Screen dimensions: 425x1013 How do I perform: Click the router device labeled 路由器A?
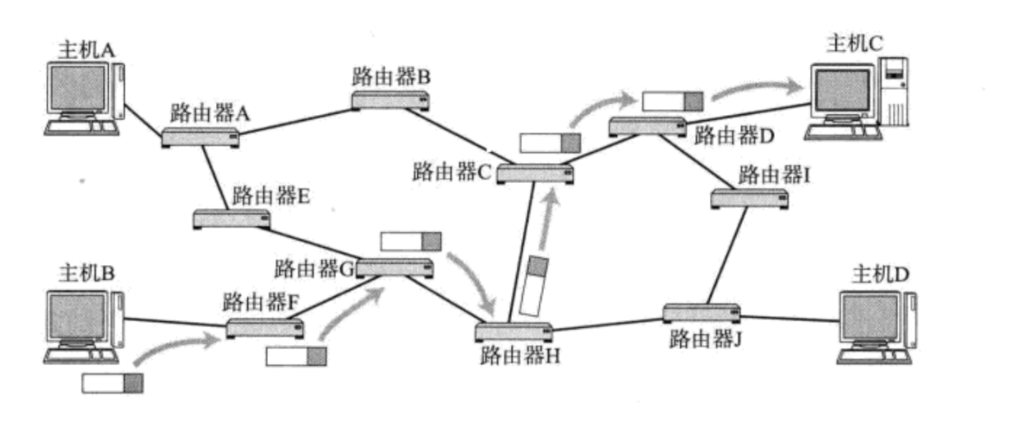click(x=200, y=136)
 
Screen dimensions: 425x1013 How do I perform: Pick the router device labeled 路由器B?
click(x=390, y=100)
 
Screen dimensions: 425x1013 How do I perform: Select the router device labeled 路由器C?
click(x=535, y=174)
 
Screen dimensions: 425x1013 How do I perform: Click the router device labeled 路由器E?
click(x=232, y=218)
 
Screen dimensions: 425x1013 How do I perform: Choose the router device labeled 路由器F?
click(x=265, y=329)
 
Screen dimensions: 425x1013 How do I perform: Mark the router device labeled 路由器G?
click(x=395, y=268)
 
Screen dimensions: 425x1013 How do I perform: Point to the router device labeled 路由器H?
click(x=514, y=332)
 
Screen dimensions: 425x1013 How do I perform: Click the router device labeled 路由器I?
click(x=750, y=198)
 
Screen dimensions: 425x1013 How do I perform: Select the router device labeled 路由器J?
click(x=701, y=312)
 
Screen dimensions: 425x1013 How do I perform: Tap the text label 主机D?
click(x=880, y=273)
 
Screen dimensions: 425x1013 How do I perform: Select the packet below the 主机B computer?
click(x=112, y=383)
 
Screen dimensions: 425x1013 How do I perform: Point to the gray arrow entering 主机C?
click(x=758, y=89)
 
